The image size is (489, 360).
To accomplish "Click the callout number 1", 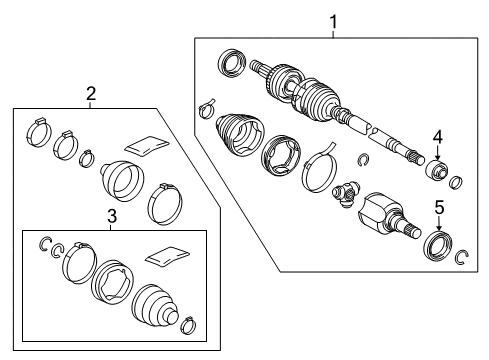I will (x=334, y=20).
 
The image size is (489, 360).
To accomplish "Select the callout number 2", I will (x=91, y=94).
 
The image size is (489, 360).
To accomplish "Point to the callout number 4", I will (x=437, y=138).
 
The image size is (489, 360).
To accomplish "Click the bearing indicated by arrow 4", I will (x=437, y=171).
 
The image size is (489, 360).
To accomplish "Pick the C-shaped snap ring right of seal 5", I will (x=461, y=258).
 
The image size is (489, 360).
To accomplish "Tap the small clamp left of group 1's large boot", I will (x=207, y=106).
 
